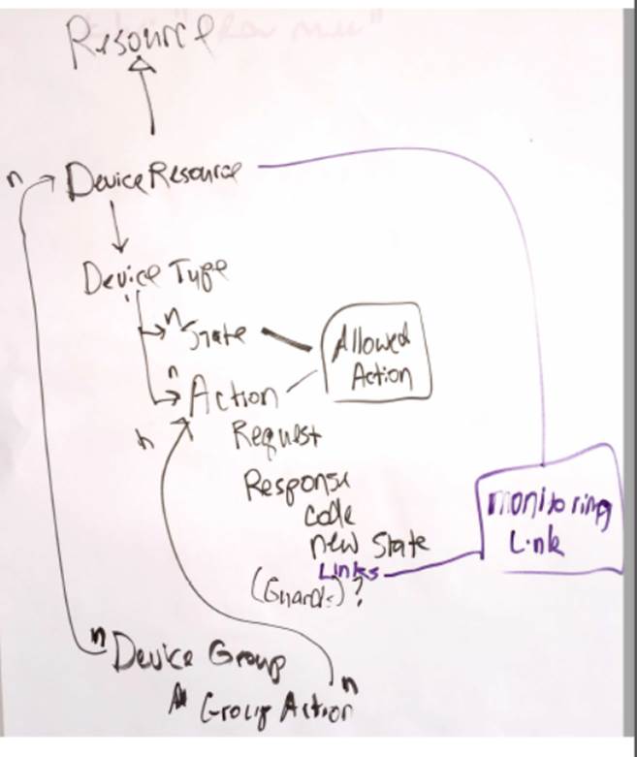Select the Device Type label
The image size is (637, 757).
click(x=155, y=276)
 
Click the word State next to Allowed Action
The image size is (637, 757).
click(x=219, y=334)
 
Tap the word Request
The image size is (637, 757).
click(x=276, y=437)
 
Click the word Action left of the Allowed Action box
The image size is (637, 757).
click(x=232, y=394)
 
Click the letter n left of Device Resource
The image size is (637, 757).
click(x=12, y=180)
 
